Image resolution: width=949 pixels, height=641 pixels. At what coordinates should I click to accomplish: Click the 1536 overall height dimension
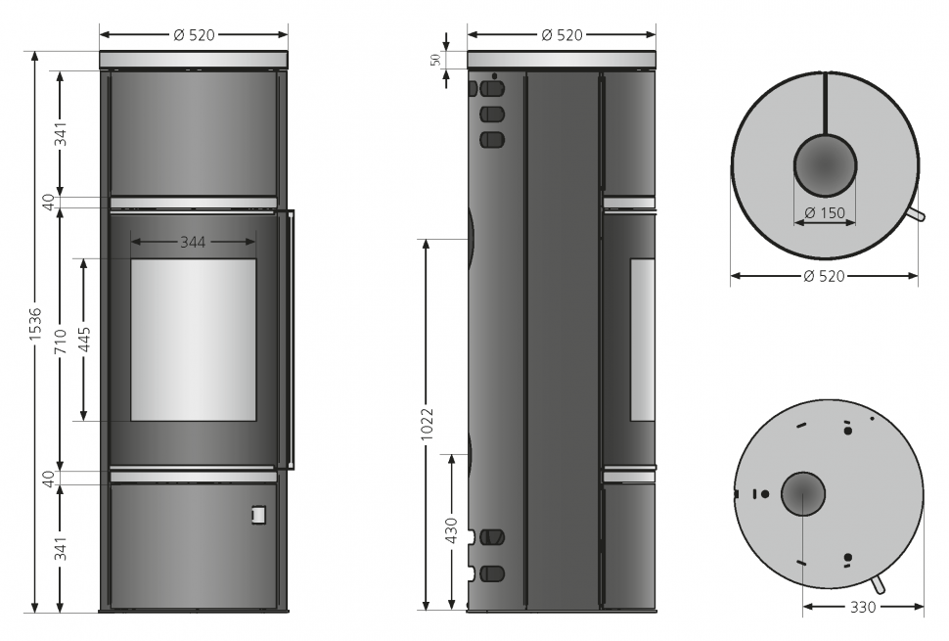tap(35, 325)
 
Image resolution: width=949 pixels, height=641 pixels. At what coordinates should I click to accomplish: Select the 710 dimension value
tap(60, 339)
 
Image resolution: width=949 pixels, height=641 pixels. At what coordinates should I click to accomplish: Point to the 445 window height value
tap(84, 339)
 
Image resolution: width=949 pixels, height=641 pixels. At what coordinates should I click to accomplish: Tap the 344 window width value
tap(193, 241)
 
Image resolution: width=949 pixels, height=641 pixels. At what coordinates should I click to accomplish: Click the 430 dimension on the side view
tap(451, 529)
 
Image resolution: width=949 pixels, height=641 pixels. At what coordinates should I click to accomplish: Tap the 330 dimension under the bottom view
tap(862, 607)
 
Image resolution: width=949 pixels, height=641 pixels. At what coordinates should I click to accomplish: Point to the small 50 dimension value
tap(435, 60)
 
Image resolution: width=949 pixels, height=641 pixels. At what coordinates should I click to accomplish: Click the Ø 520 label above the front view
tap(194, 35)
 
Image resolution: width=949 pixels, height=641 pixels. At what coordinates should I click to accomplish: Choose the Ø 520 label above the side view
tap(562, 35)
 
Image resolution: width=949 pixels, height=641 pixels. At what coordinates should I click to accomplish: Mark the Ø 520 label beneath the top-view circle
tap(824, 277)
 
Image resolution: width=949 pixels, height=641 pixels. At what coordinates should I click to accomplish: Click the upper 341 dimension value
tap(60, 134)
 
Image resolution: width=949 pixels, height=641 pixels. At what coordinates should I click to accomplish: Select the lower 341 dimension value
tap(60, 549)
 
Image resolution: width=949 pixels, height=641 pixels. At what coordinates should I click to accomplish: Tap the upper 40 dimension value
tap(48, 201)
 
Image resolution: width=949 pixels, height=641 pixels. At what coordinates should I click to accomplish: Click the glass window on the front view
tap(193, 340)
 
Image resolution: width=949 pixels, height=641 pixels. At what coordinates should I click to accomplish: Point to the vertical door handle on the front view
tap(285, 338)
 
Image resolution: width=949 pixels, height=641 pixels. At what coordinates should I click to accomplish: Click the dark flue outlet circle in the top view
tap(824, 163)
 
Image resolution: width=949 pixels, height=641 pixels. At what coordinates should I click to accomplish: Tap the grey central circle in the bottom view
tap(802, 494)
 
